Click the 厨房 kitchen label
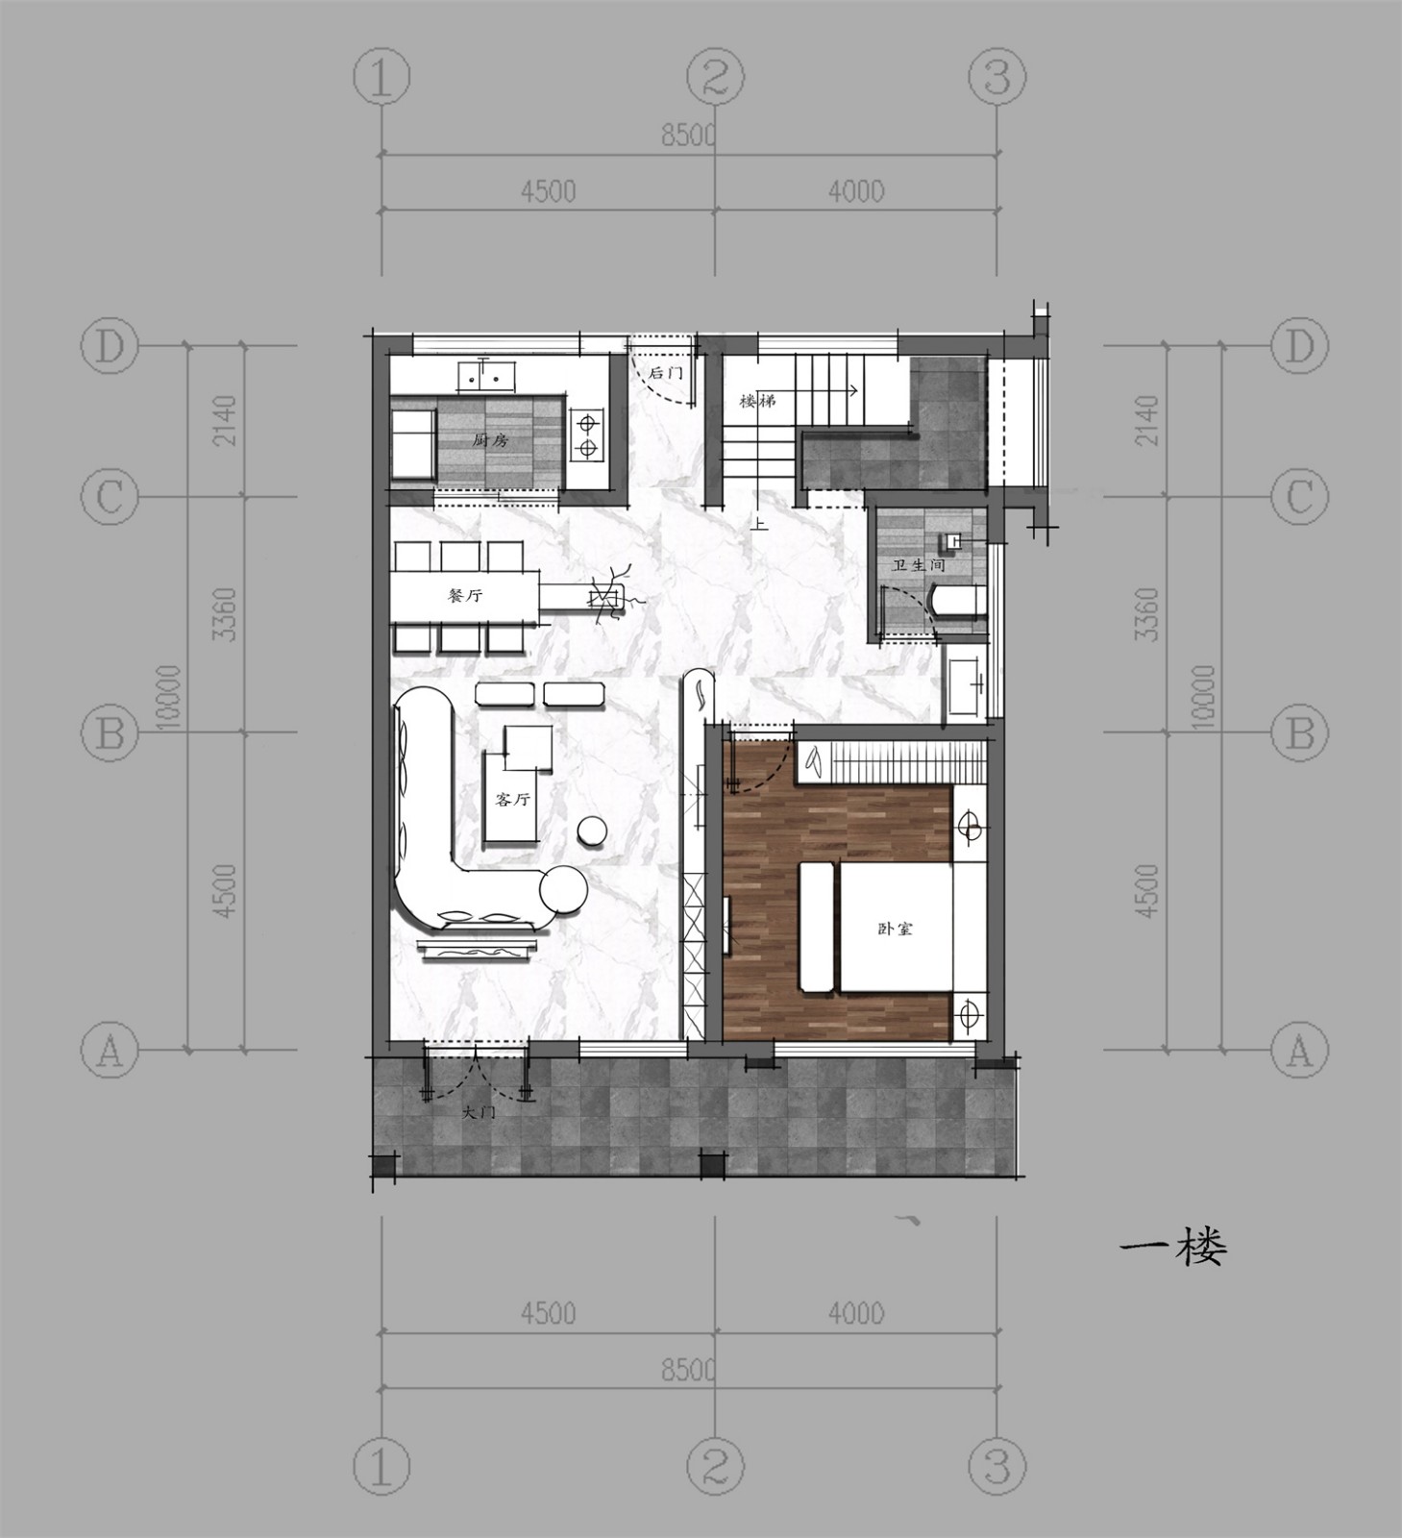pos(490,441)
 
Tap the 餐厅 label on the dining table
pos(466,596)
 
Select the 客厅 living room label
pos(512,800)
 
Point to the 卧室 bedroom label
pos(895,930)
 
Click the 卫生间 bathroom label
pos(919,566)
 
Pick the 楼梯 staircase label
pos(757,401)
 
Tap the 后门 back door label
pos(665,372)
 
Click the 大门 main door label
pos(479,1113)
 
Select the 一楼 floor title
pos(1173,1250)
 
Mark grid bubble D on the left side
pos(110,347)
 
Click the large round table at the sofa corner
pos(563,891)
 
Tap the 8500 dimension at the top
pos(688,136)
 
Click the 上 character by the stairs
pos(760,525)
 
